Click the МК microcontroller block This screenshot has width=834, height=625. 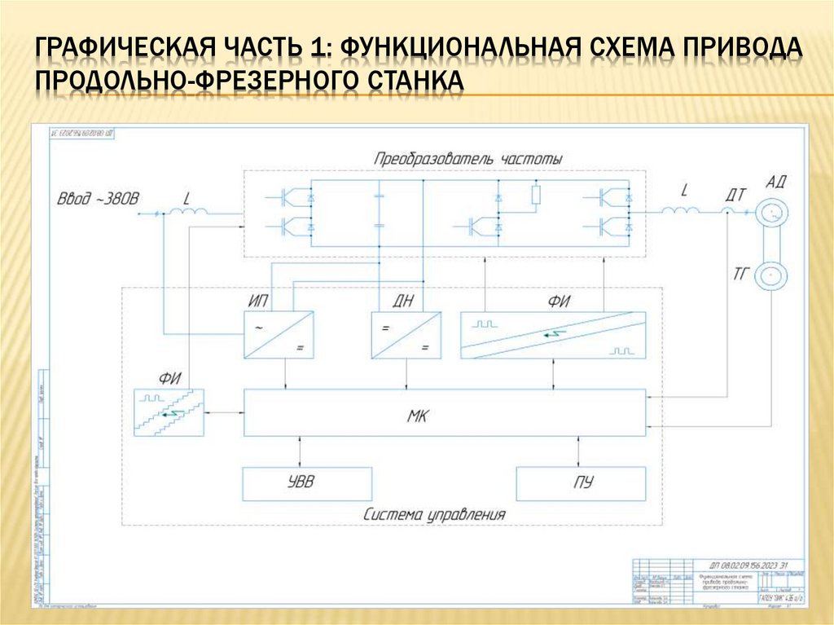(444, 413)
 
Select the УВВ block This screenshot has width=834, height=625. (306, 483)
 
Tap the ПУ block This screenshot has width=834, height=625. (581, 483)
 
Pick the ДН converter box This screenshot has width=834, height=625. (405, 335)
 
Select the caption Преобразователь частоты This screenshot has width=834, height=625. (467, 159)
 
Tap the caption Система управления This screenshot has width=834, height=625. (435, 515)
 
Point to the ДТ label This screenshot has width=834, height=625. (735, 193)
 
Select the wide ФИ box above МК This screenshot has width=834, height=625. (552, 335)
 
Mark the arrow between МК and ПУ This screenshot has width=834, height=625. (579, 451)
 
